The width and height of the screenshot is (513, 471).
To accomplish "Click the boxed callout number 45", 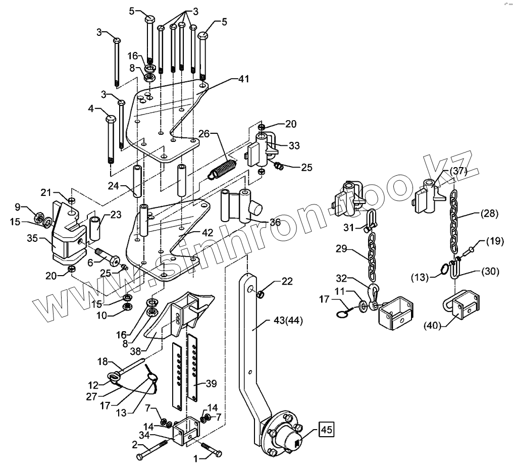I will (x=326, y=431).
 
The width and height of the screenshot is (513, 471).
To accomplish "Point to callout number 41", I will (x=244, y=79).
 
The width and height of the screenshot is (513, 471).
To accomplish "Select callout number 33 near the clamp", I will (x=294, y=145).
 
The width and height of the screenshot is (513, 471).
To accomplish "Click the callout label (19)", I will (x=495, y=241).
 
